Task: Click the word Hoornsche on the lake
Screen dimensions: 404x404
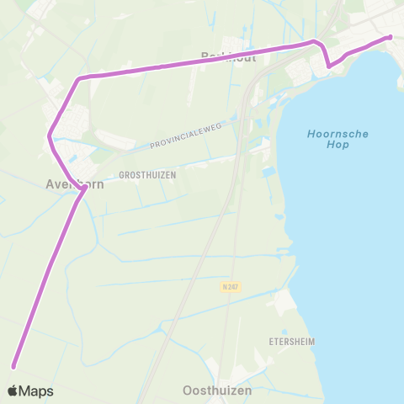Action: pos(338,134)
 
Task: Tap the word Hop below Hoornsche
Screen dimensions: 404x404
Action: pos(338,146)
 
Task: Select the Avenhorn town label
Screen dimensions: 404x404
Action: pos(75,183)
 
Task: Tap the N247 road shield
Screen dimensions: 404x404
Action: pos(231,287)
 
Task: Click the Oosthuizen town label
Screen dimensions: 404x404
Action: pos(217,391)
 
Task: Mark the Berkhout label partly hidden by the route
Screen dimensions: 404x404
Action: pos(221,56)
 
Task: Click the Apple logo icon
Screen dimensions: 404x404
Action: pos(13,391)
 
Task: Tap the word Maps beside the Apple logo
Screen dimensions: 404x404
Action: pos(36,391)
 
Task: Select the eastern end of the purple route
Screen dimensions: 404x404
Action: pos(391,37)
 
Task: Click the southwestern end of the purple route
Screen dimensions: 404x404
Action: pos(13,365)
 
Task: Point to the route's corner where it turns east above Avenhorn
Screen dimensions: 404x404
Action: pos(79,79)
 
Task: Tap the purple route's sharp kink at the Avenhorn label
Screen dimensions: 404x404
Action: pos(84,189)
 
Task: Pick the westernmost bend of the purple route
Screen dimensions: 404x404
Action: pos(50,135)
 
